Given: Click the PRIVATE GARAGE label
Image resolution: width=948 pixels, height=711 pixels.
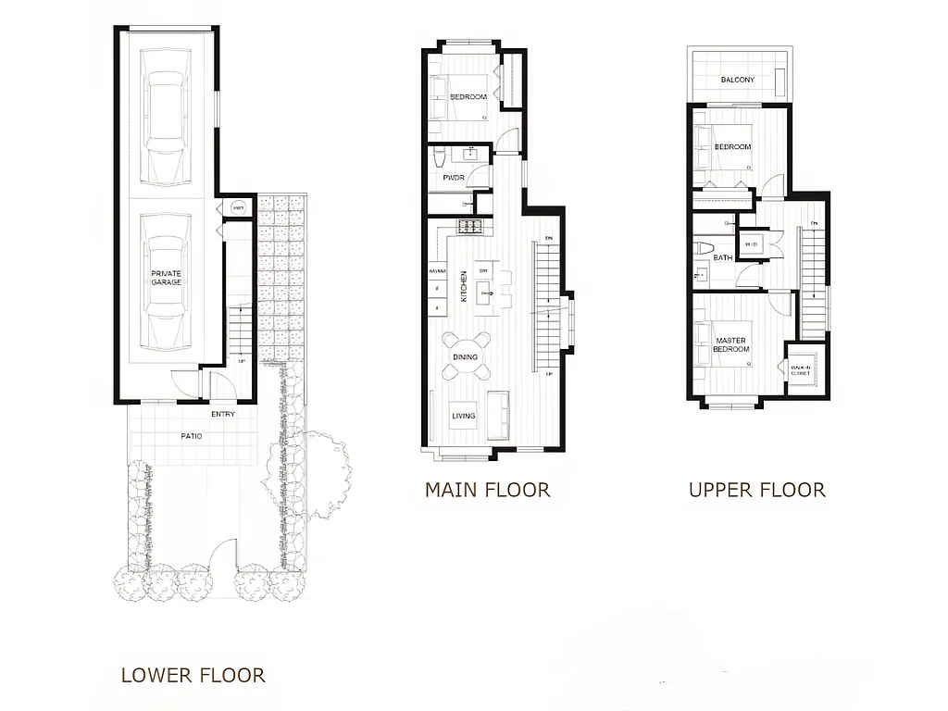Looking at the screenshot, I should tap(167, 277).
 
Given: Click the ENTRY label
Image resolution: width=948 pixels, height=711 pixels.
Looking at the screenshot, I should tap(222, 414).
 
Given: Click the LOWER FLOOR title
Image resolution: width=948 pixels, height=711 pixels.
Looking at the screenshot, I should tap(193, 676).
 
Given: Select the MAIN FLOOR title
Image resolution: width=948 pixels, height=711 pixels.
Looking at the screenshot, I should tap(487, 490).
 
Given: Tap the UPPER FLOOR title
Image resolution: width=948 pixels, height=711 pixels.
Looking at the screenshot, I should tap(756, 490).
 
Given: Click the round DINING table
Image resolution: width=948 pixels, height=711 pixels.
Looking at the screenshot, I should tap(464, 357).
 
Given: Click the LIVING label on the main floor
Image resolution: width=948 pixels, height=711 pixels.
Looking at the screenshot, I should tap(464, 416).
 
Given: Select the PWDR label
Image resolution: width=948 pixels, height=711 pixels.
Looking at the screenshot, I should tap(454, 177).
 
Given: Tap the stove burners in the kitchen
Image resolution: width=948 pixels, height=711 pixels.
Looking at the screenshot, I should tap(470, 226).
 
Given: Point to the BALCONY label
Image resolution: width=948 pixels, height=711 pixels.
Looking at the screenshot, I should tap(738, 81).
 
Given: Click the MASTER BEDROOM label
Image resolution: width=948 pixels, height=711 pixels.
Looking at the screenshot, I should tap(730, 345).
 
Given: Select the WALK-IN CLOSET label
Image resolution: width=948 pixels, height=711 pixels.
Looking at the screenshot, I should tap(800, 370).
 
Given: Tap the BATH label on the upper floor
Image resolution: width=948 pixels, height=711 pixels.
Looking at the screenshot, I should tap(722, 258).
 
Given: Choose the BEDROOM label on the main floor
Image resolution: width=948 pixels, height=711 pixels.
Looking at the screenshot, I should tap(468, 97).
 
